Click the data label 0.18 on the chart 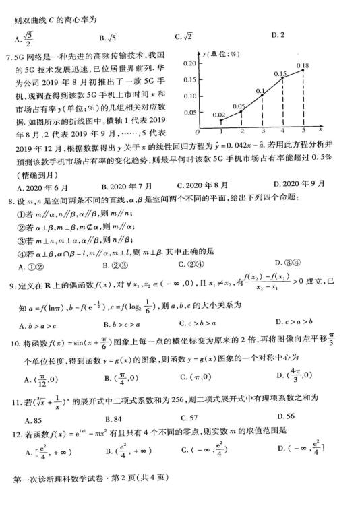pyautogui.click(x=303, y=66)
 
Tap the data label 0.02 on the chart pyautogui.click(x=218, y=115)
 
